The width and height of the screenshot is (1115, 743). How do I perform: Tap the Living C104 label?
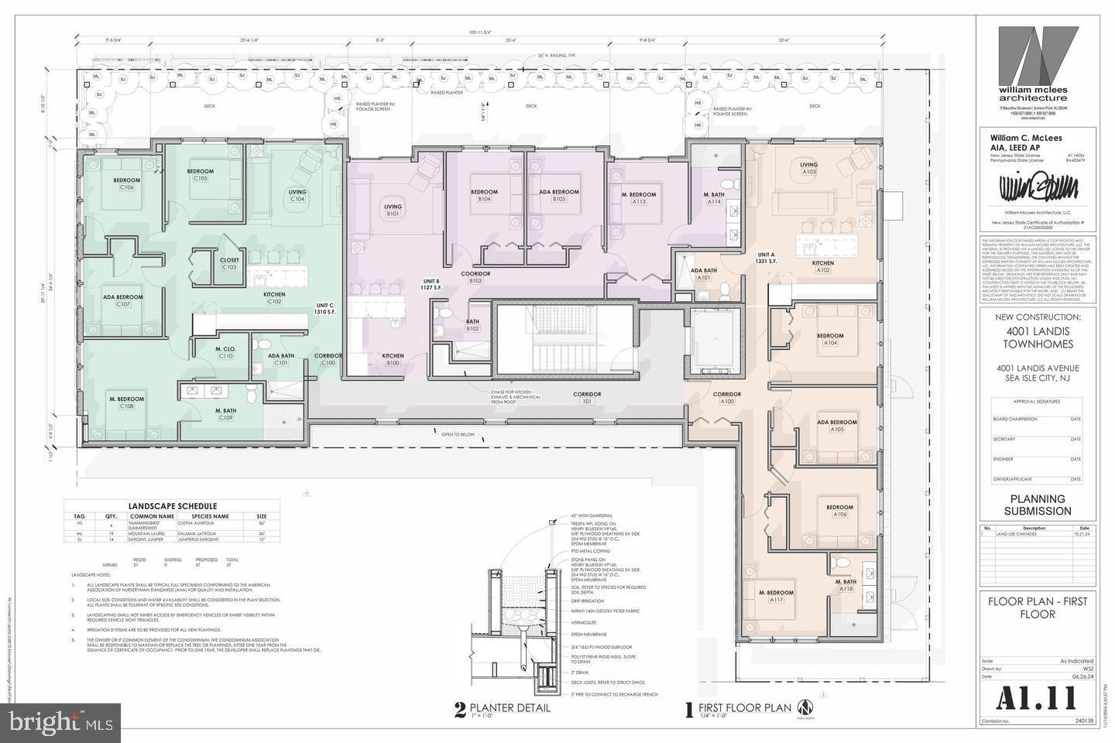pos(297,196)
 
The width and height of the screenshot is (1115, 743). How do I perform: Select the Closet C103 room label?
pos(229,263)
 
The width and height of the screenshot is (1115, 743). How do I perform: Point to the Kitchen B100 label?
pos(393,359)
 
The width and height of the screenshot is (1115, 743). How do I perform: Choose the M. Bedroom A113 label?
pos(639,198)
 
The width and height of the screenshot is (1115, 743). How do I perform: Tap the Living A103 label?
pos(808,169)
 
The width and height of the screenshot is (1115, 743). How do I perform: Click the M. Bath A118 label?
pos(845,586)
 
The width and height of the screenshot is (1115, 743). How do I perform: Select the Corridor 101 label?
pos(587,398)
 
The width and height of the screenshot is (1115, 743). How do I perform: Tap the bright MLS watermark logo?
pos(60,723)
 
